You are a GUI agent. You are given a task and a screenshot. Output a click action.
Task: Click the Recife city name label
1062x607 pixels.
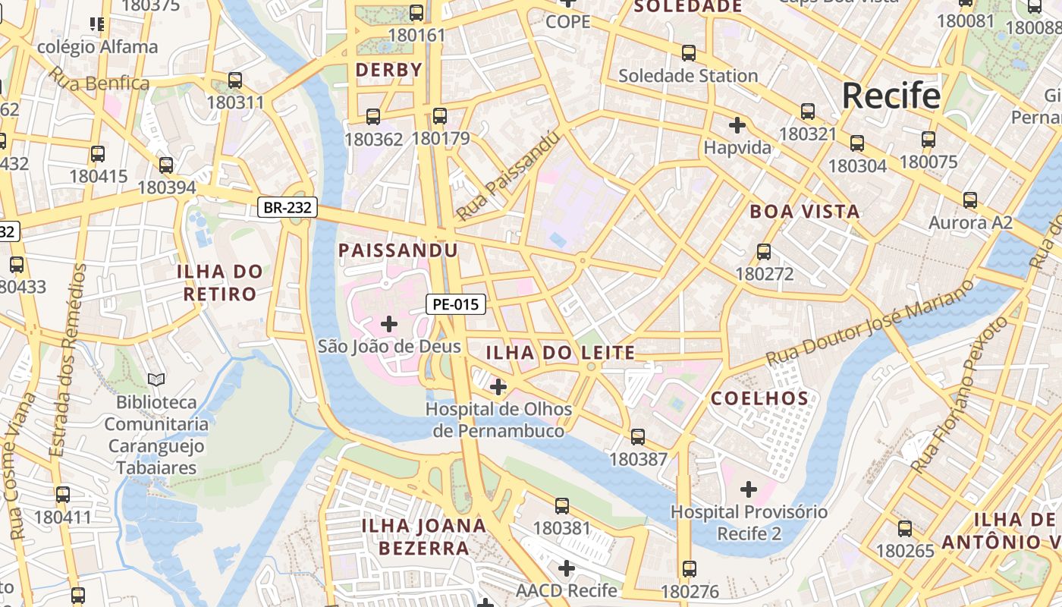[x=891, y=96]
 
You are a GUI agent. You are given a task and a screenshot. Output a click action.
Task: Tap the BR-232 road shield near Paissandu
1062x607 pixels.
[x=287, y=208]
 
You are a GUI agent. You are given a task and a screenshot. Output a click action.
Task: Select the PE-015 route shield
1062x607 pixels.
[x=455, y=305]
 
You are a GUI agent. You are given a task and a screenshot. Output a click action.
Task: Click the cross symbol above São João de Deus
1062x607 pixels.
[x=389, y=324]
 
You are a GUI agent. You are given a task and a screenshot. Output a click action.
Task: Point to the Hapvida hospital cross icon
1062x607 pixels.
[x=737, y=125]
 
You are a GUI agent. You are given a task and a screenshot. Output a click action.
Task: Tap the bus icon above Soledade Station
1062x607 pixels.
[x=688, y=53]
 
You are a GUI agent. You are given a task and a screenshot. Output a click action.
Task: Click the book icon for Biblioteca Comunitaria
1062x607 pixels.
[x=156, y=379]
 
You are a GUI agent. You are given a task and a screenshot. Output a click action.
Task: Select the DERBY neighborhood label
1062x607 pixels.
[x=389, y=71]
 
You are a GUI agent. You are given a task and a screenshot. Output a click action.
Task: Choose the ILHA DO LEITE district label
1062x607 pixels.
[x=560, y=353]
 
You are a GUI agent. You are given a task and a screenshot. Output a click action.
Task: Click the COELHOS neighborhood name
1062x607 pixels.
[x=760, y=398]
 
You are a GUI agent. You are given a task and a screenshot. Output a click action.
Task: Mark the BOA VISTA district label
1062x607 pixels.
[x=805, y=212]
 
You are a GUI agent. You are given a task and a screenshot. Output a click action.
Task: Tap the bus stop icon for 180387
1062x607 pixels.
[x=638, y=437]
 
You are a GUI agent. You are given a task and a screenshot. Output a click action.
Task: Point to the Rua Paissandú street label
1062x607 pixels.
[x=508, y=176]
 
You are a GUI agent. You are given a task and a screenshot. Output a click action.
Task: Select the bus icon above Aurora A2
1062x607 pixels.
[x=969, y=200]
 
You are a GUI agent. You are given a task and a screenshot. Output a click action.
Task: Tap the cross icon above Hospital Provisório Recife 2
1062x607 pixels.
[x=749, y=489]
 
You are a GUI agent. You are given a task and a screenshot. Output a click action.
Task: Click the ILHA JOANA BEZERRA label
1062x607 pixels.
[x=424, y=536]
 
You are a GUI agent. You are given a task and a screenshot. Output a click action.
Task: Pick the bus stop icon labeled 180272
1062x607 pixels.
[x=764, y=252]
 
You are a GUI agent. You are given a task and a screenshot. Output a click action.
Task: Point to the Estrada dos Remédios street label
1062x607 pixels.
[x=68, y=360]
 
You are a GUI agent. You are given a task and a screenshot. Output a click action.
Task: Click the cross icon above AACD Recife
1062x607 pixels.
[x=567, y=568]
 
